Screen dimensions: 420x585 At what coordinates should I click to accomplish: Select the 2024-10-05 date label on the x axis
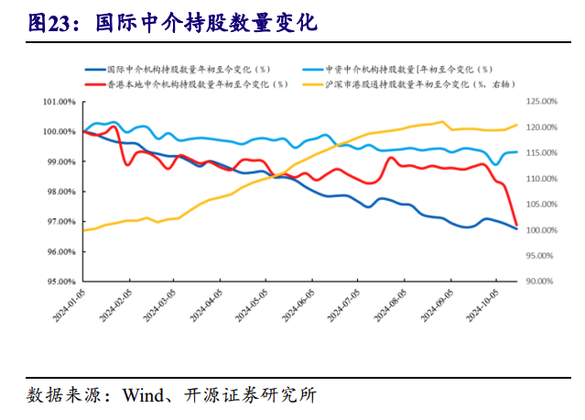point(483,307)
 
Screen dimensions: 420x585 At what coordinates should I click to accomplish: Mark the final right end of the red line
point(517,225)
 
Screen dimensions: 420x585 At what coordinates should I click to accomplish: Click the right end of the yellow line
point(517,125)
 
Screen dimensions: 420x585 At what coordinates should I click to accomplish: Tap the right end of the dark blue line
point(517,228)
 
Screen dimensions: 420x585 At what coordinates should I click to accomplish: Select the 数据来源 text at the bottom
point(59,395)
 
